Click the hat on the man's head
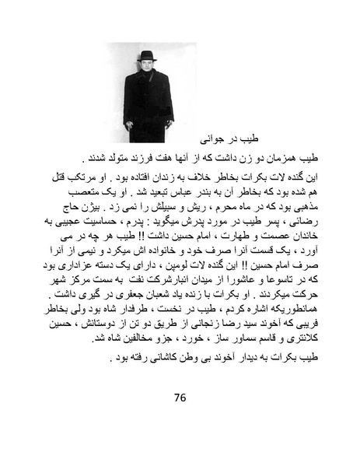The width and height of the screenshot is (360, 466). coord(147,55)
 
